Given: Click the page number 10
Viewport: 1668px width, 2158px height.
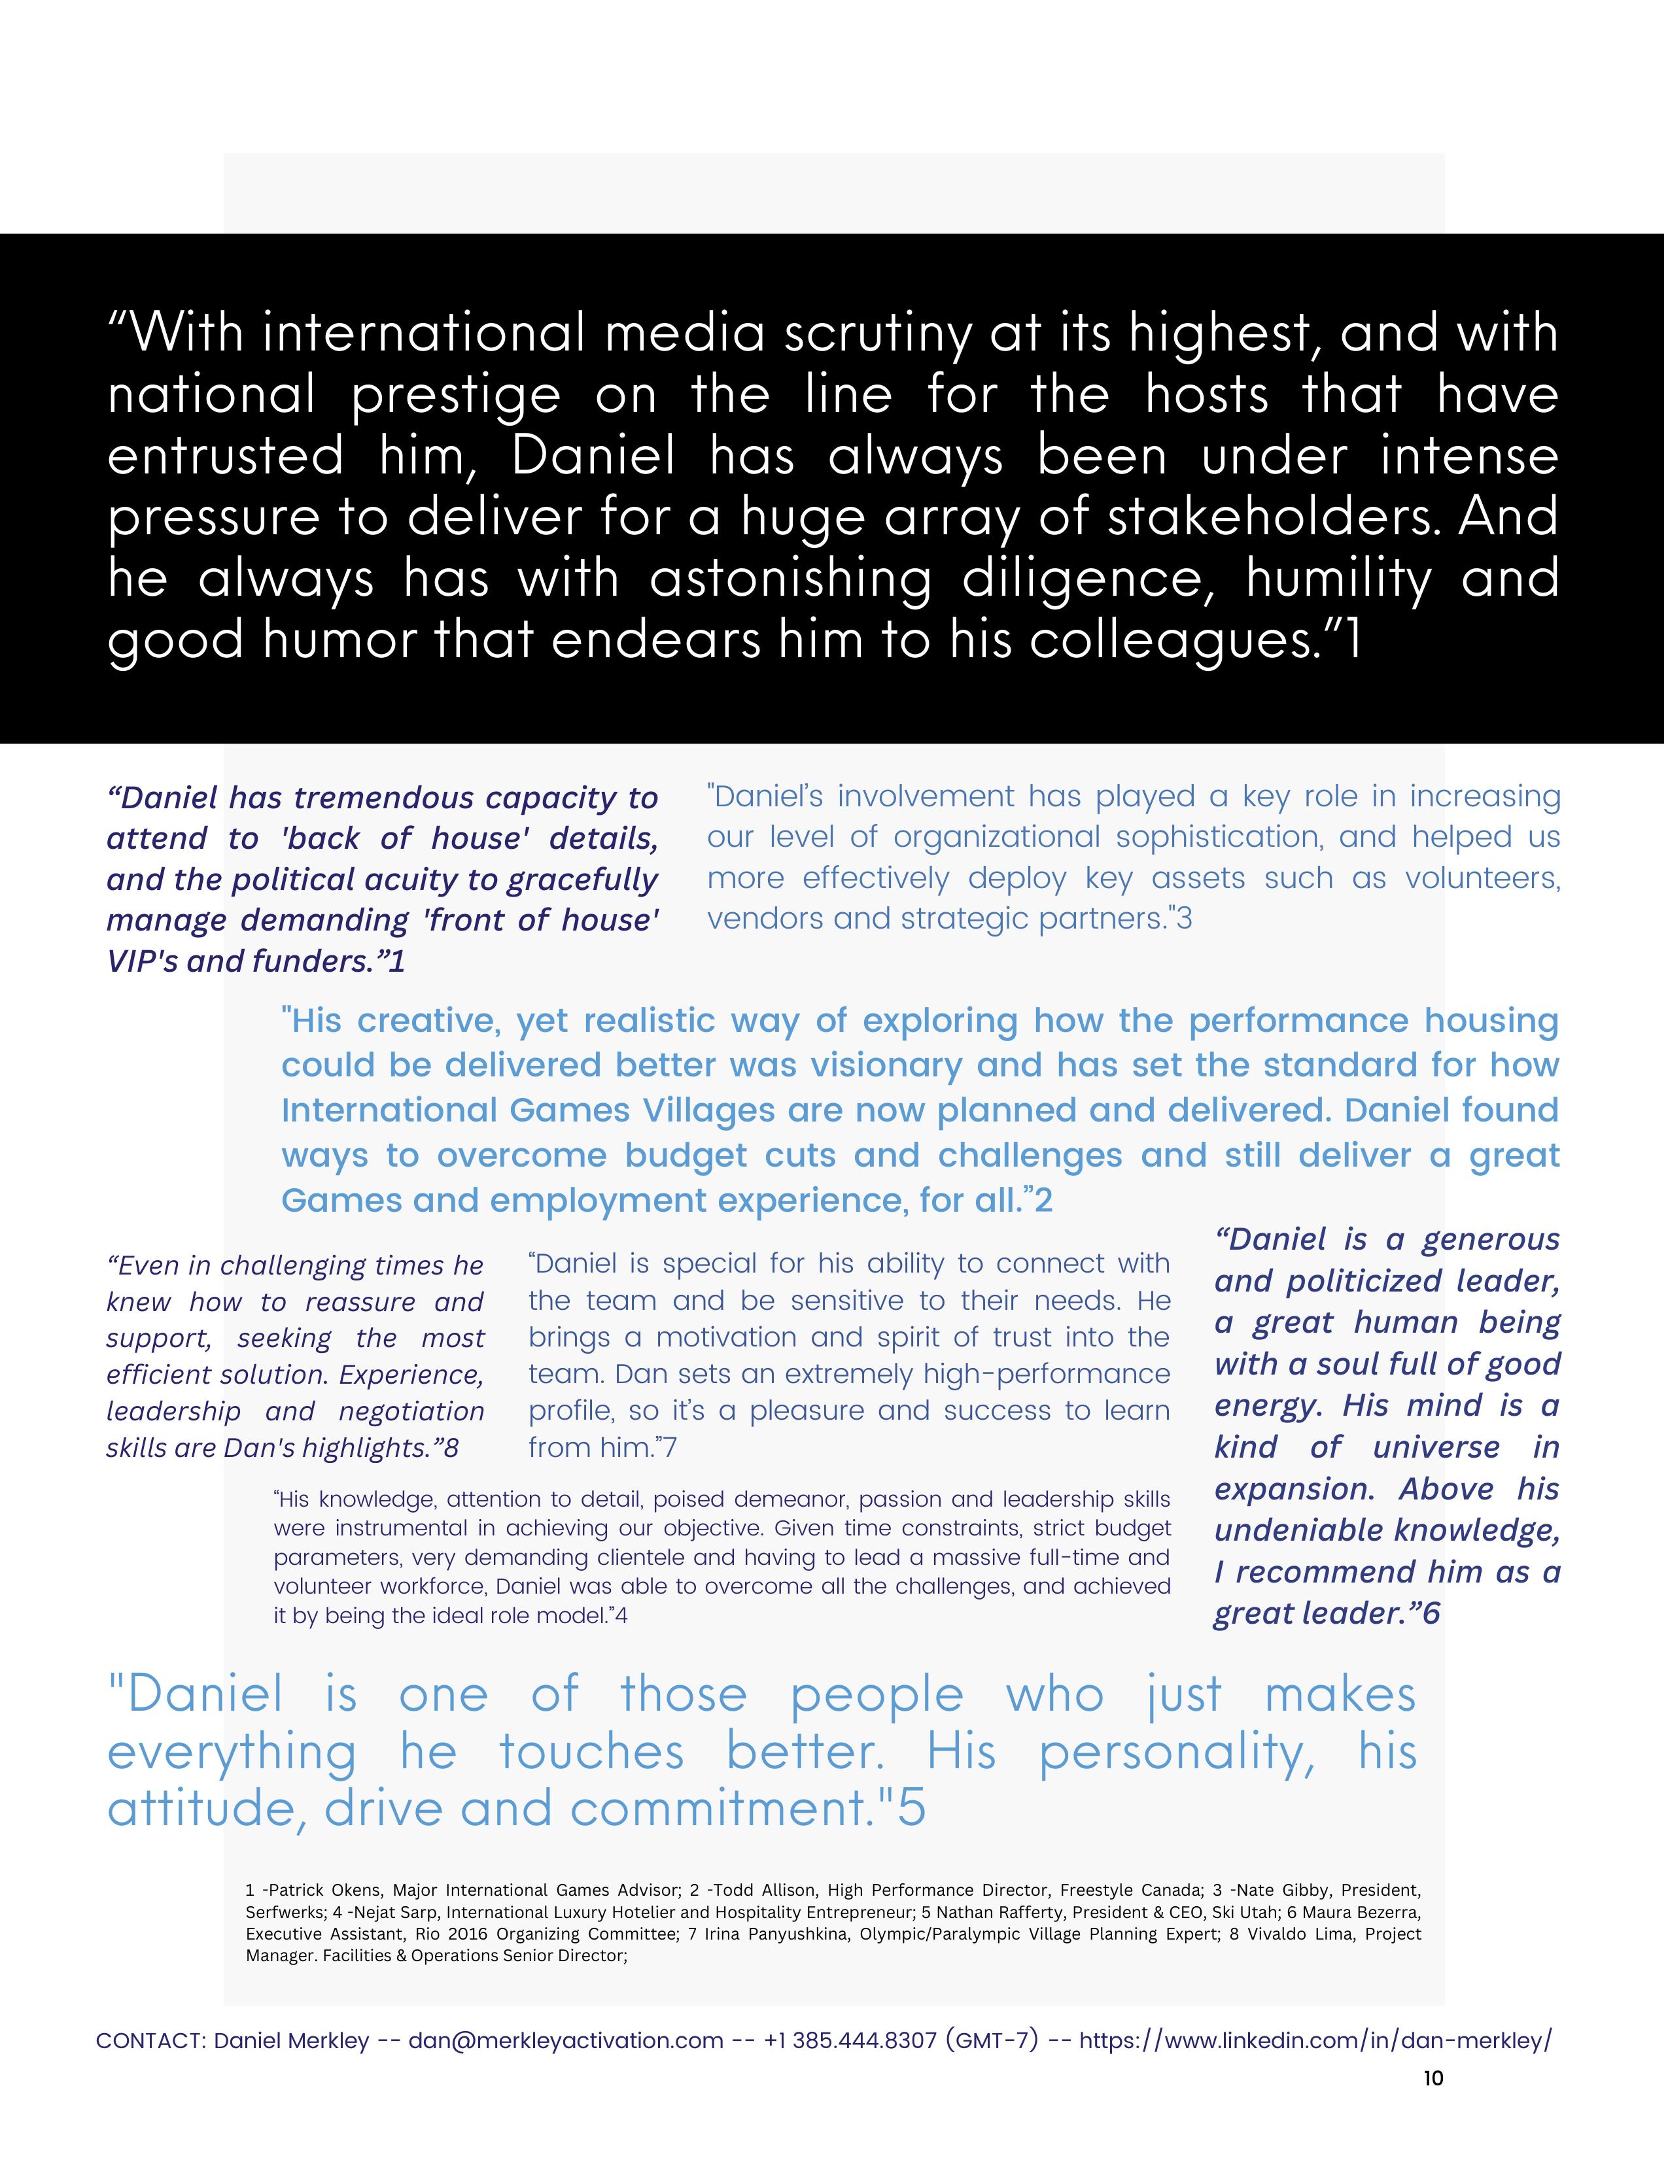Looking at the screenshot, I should [x=1433, y=2078].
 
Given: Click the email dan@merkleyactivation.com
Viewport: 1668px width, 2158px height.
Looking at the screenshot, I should [x=565, y=2040].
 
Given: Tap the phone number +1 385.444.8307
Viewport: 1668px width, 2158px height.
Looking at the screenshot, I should [x=850, y=2040].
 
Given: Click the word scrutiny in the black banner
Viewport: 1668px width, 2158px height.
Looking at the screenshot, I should [x=878, y=333].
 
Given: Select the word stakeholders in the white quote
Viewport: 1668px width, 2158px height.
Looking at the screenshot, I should [x=1270, y=517].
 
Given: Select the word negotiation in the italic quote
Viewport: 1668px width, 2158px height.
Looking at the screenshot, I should [x=411, y=1411].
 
